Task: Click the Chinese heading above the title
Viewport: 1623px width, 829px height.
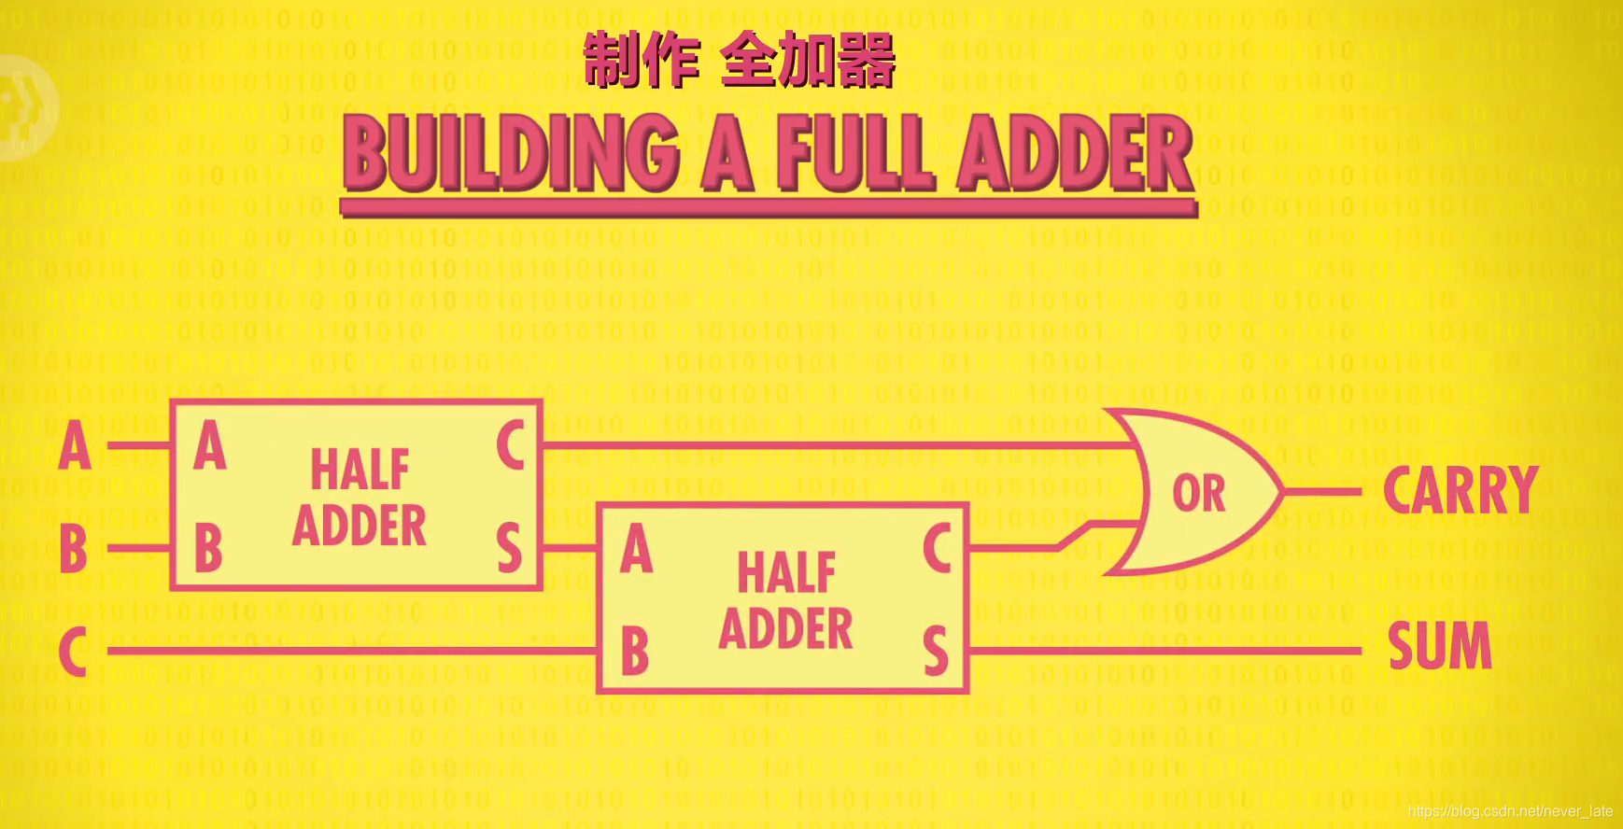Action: click(x=739, y=60)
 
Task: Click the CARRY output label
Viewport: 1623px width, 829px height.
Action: click(x=1460, y=491)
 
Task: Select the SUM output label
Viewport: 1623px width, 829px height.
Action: click(x=1439, y=646)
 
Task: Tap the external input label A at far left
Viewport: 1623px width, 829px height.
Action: click(x=75, y=446)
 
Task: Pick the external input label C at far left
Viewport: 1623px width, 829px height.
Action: click(x=73, y=651)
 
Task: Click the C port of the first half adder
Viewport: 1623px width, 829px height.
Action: click(x=510, y=445)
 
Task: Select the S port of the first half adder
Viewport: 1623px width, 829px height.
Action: click(x=509, y=548)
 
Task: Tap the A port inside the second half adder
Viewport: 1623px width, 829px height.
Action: click(x=636, y=549)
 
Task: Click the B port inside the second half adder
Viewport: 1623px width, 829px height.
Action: click(x=635, y=651)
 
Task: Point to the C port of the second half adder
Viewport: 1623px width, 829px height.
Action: click(x=937, y=548)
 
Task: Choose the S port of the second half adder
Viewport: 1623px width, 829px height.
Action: click(x=936, y=651)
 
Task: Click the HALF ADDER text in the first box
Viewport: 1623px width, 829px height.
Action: click(x=360, y=497)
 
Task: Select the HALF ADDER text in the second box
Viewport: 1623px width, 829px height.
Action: click(x=785, y=600)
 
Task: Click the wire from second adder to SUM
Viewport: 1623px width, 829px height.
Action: click(x=1167, y=651)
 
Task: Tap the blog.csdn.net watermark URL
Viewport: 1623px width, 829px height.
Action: click(x=1510, y=811)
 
